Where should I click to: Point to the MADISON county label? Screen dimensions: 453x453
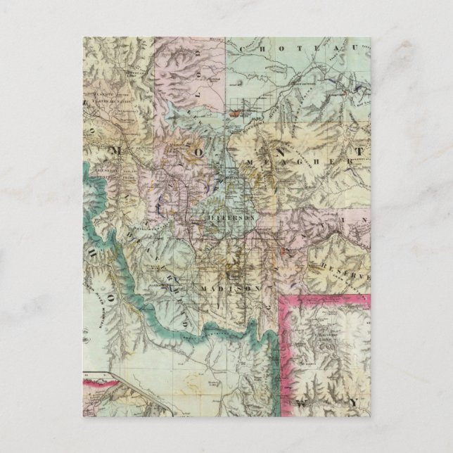[225, 289]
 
